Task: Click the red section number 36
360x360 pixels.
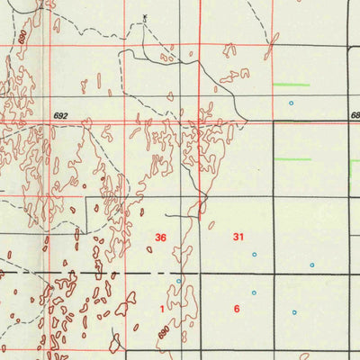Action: (160, 238)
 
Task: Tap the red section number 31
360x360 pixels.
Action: (238, 238)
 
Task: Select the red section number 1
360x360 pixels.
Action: (162, 309)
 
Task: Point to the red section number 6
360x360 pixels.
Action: (237, 309)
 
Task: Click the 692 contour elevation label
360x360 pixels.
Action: (60, 116)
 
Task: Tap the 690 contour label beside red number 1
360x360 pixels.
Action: (163, 332)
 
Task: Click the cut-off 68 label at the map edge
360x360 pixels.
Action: (355, 116)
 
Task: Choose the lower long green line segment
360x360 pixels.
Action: (292, 159)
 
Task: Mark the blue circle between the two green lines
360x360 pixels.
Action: (290, 103)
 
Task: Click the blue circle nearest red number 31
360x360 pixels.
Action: (254, 254)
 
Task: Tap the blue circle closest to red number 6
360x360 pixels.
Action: (254, 292)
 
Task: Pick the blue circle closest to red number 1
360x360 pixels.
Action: (178, 281)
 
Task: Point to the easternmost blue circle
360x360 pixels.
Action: (312, 265)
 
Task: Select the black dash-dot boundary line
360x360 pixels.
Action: (90, 272)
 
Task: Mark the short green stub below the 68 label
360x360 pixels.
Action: (353, 161)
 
